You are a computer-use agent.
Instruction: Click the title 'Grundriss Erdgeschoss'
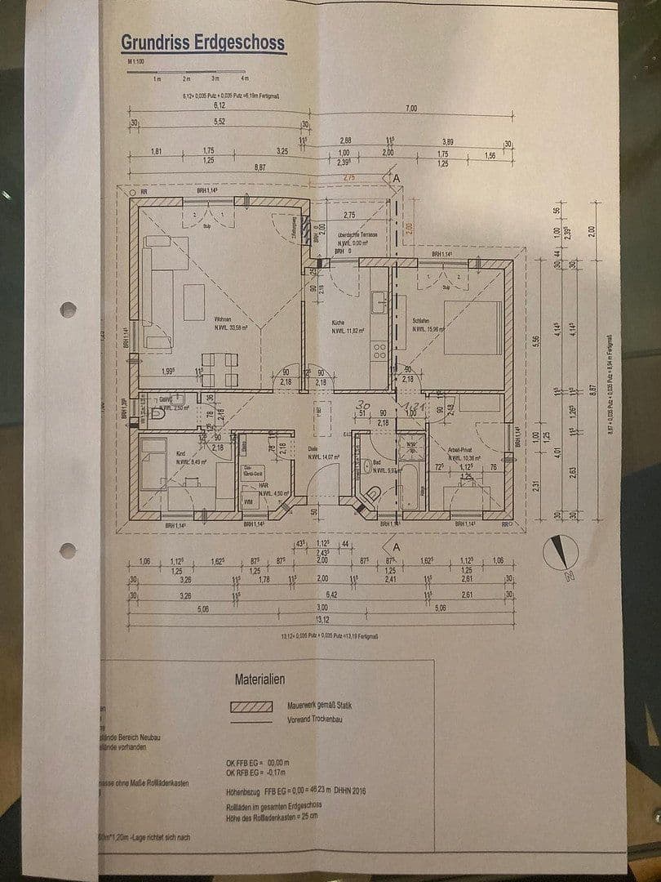[203, 42]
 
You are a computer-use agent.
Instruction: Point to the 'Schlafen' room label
[421, 322]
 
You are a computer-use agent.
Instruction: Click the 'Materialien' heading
[260, 679]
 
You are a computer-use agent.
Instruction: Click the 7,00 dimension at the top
[410, 108]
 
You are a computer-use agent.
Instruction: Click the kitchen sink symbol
[379, 302]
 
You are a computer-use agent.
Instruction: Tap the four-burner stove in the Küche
[379, 351]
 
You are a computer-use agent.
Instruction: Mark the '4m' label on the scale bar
[245, 79]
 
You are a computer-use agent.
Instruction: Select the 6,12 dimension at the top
[219, 105]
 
